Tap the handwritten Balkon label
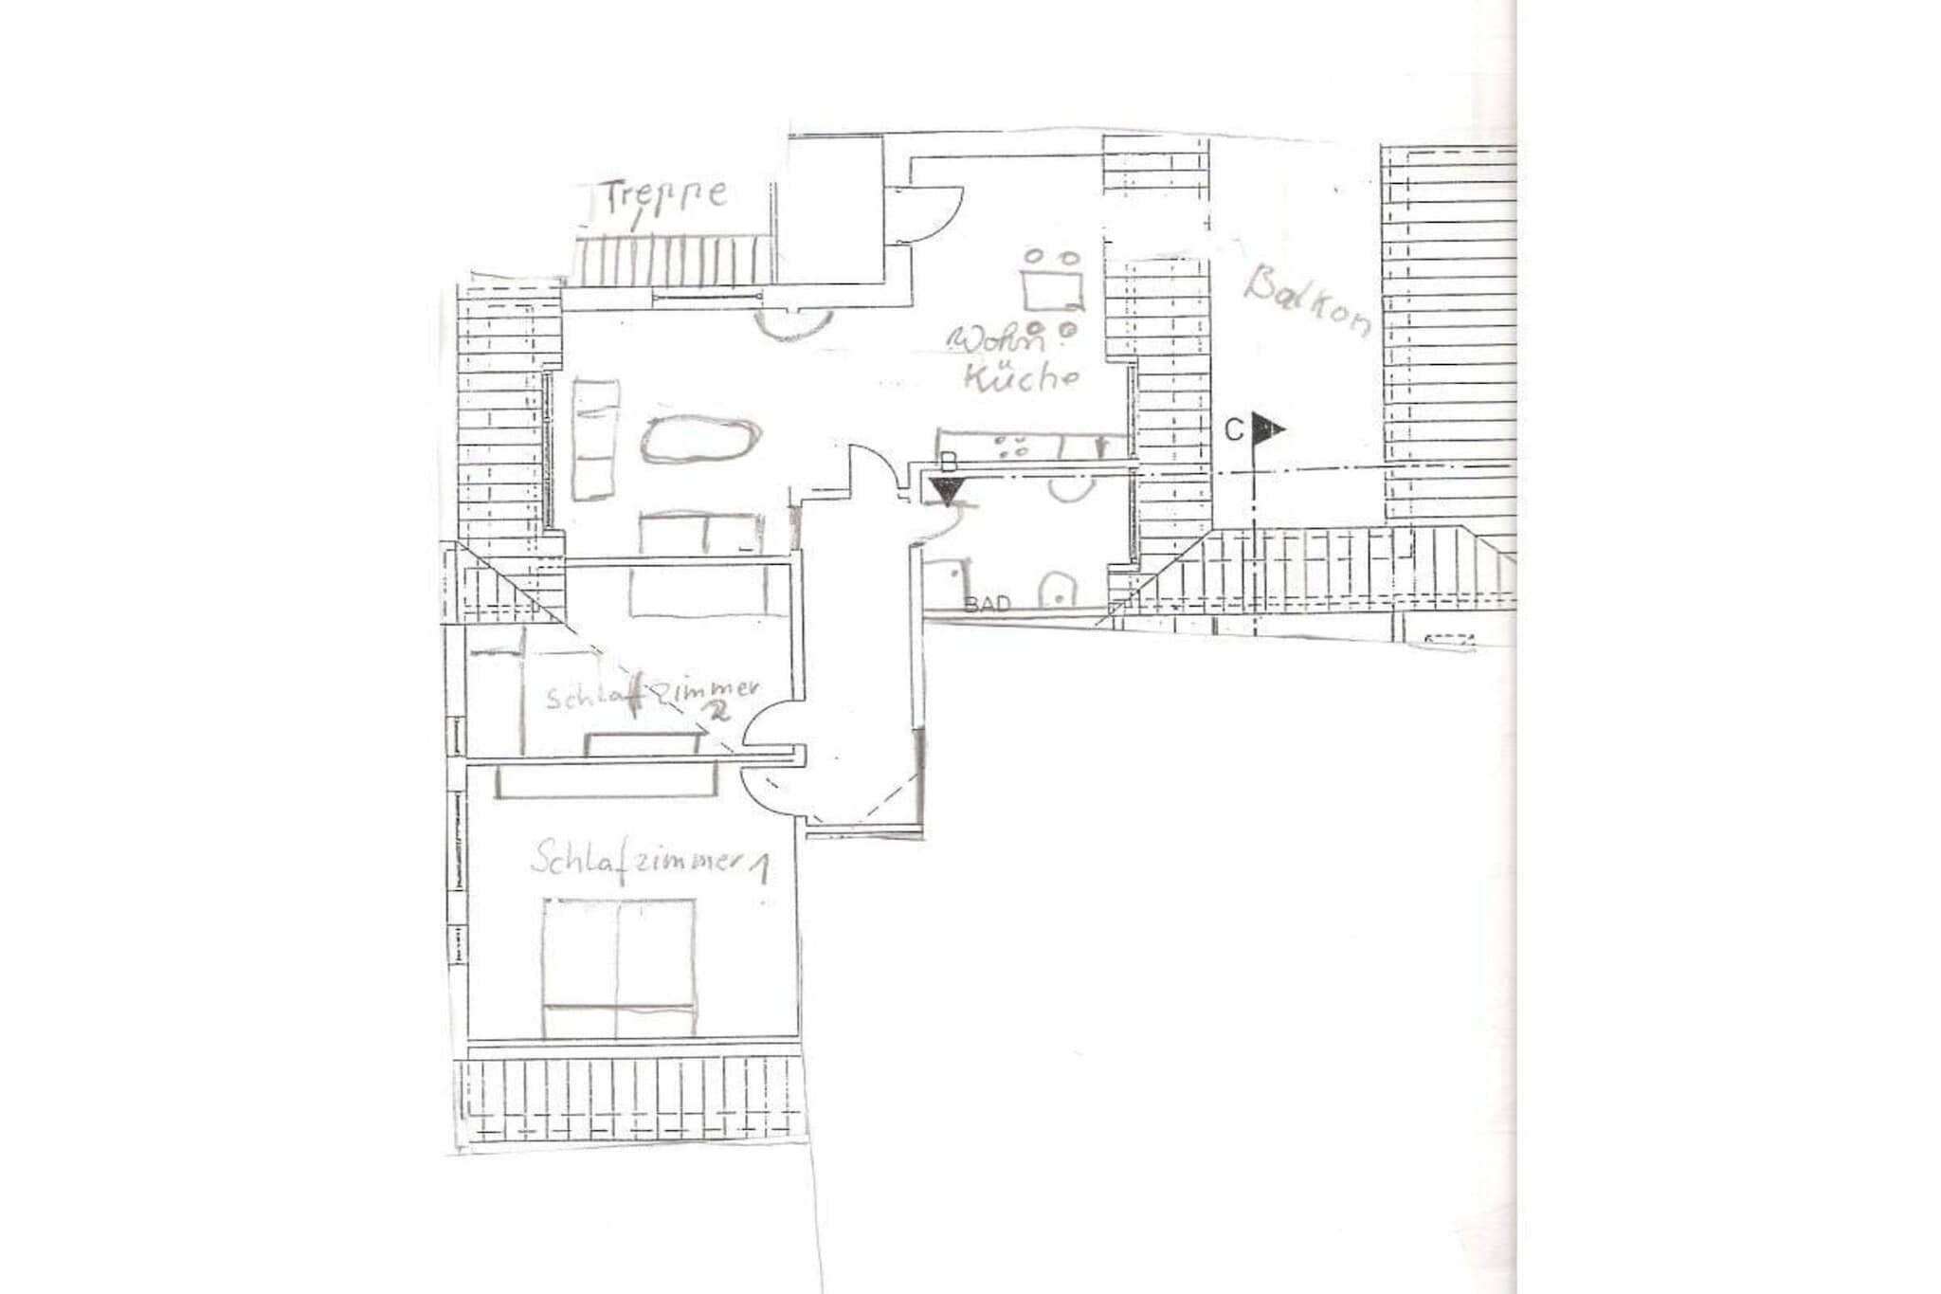click(x=1307, y=301)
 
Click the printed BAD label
click(x=987, y=604)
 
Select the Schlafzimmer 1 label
click(x=649, y=862)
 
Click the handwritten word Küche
click(x=1022, y=377)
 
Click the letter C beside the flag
click(x=1233, y=431)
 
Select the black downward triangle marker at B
click(x=946, y=490)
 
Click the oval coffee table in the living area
click(x=700, y=439)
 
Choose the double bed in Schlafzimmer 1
click(x=618, y=967)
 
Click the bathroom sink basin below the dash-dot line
click(x=1071, y=489)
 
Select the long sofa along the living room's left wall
click(x=596, y=439)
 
